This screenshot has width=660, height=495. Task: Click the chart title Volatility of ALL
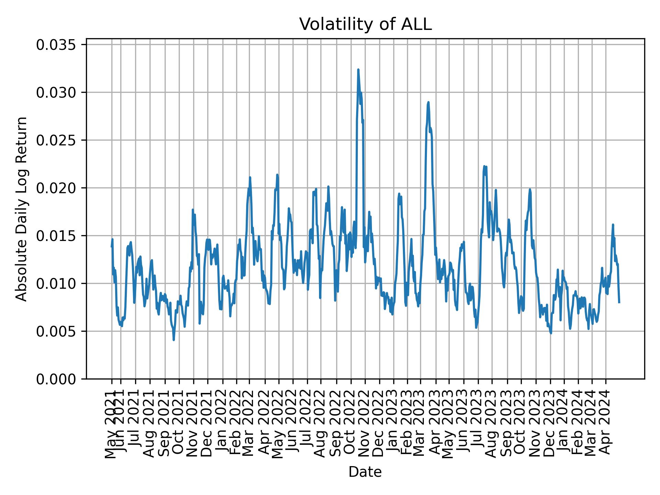pyautogui.click(x=365, y=24)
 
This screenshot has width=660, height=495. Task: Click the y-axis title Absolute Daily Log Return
pyautogui.click(x=22, y=209)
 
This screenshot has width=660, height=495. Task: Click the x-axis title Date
pyautogui.click(x=365, y=472)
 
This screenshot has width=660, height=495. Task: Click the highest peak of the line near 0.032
pyautogui.click(x=358, y=70)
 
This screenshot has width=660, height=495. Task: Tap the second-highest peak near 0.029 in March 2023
pyautogui.click(x=428, y=102)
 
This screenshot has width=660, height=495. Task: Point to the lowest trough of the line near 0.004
pyautogui.click(x=174, y=340)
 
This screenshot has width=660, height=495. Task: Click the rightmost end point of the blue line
pyautogui.click(x=619, y=302)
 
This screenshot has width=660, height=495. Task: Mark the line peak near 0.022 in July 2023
pyautogui.click(x=484, y=166)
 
